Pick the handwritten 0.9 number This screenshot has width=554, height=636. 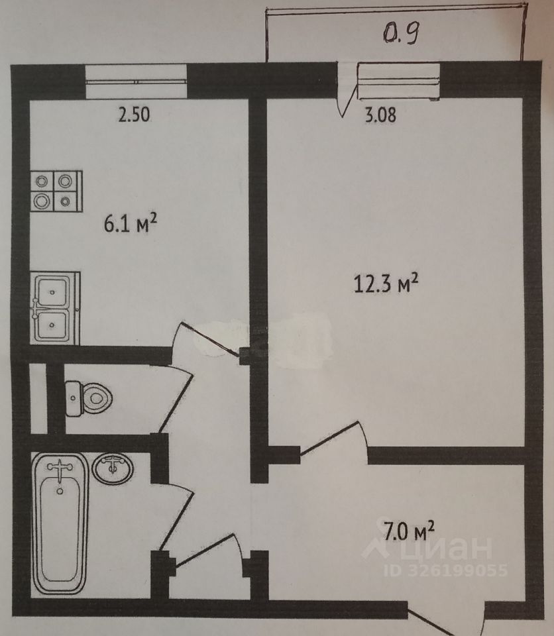400,33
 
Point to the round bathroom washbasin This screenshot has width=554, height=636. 113,468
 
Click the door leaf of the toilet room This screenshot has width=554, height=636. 175,401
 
